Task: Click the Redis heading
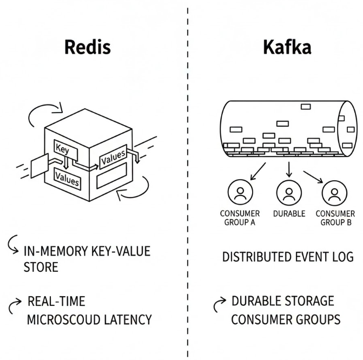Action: pyautogui.click(x=87, y=47)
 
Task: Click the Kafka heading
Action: pyautogui.click(x=287, y=47)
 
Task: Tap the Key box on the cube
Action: pyautogui.click(x=63, y=148)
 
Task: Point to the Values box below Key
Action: pyautogui.click(x=67, y=179)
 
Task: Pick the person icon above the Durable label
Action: pyautogui.click(x=288, y=192)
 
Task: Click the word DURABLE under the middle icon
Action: pyautogui.click(x=288, y=214)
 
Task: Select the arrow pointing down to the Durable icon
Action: pyautogui.click(x=288, y=170)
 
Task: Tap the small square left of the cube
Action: pyautogui.click(x=36, y=167)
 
